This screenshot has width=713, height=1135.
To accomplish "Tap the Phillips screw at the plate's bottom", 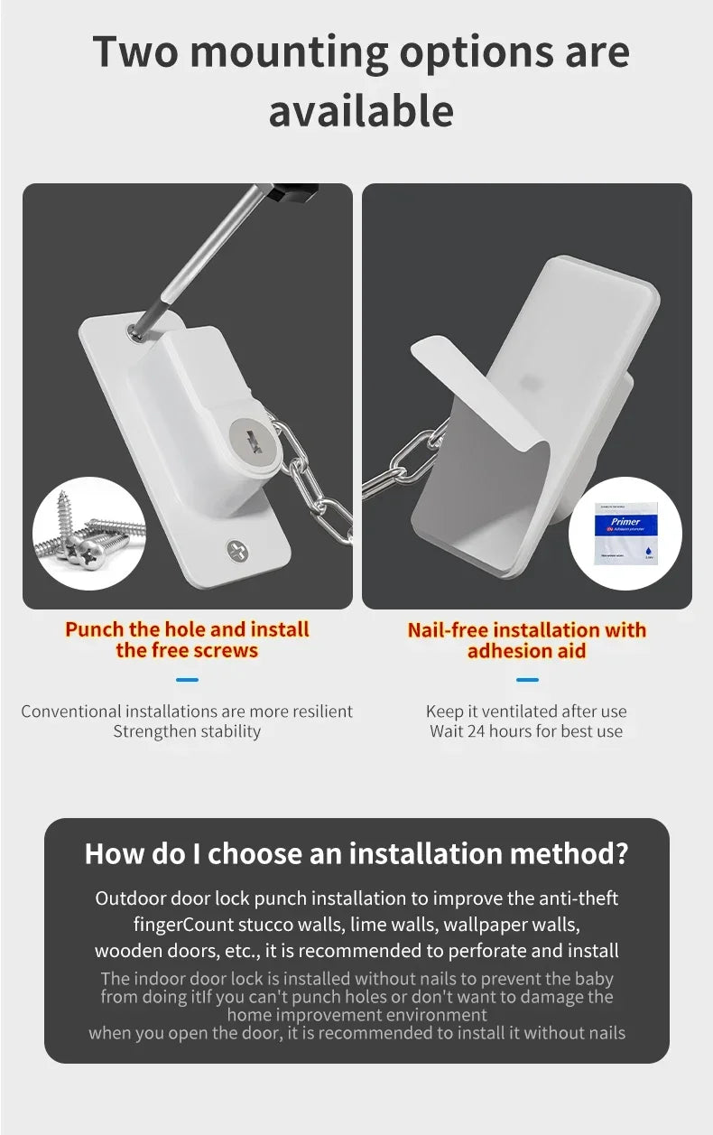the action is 237,551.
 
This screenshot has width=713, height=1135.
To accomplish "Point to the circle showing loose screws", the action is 89,534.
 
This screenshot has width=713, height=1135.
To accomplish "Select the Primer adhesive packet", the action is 625,533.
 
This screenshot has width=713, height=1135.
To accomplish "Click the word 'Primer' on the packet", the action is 625,521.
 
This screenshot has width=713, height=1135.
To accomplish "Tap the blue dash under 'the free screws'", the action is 187,680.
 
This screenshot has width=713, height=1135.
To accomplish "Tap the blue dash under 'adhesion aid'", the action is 527,680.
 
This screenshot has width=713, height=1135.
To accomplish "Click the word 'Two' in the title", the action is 135,51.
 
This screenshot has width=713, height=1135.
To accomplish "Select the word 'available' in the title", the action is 361,111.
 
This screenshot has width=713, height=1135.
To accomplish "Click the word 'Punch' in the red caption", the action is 95,629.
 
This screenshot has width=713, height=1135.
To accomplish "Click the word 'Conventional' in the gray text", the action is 71,712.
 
